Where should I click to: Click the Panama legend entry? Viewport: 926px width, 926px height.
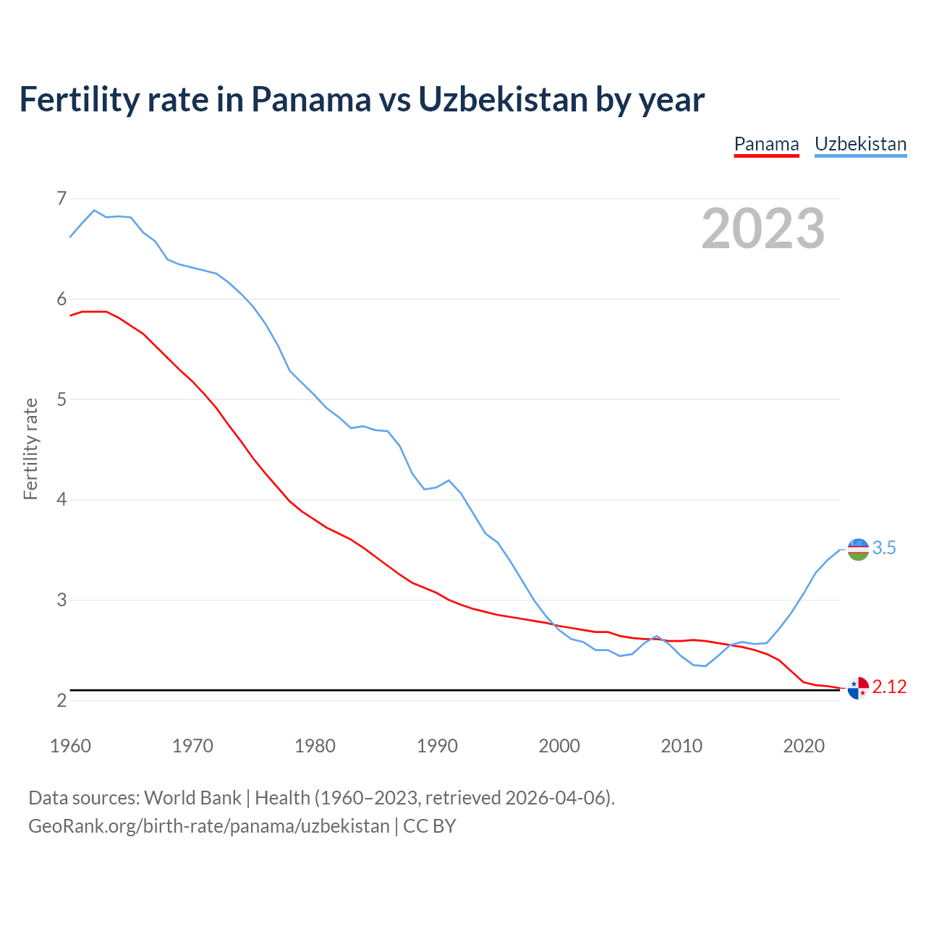[x=766, y=144]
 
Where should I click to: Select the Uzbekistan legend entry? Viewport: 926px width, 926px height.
[x=860, y=144]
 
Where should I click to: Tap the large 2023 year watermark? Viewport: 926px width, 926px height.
[x=763, y=229]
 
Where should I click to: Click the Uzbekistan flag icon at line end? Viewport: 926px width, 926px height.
[x=858, y=549]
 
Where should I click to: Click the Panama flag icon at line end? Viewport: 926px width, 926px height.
[x=858, y=688]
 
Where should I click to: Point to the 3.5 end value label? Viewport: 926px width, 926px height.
[x=884, y=548]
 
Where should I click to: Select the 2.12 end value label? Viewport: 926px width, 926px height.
[x=889, y=687]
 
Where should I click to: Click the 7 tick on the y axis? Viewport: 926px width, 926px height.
[x=61, y=198]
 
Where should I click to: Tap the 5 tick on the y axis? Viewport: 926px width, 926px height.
[x=61, y=399]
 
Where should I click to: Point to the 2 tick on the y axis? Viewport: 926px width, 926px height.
[x=61, y=700]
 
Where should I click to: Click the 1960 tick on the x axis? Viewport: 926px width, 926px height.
[x=70, y=746]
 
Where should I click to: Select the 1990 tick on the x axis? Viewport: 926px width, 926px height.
[x=437, y=746]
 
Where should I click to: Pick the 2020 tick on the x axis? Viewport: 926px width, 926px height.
[x=804, y=746]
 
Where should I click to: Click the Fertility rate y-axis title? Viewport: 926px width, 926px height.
[x=30, y=449]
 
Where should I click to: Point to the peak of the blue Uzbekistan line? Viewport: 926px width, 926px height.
[x=94, y=210]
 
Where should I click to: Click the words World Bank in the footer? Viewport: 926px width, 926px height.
[x=192, y=798]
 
